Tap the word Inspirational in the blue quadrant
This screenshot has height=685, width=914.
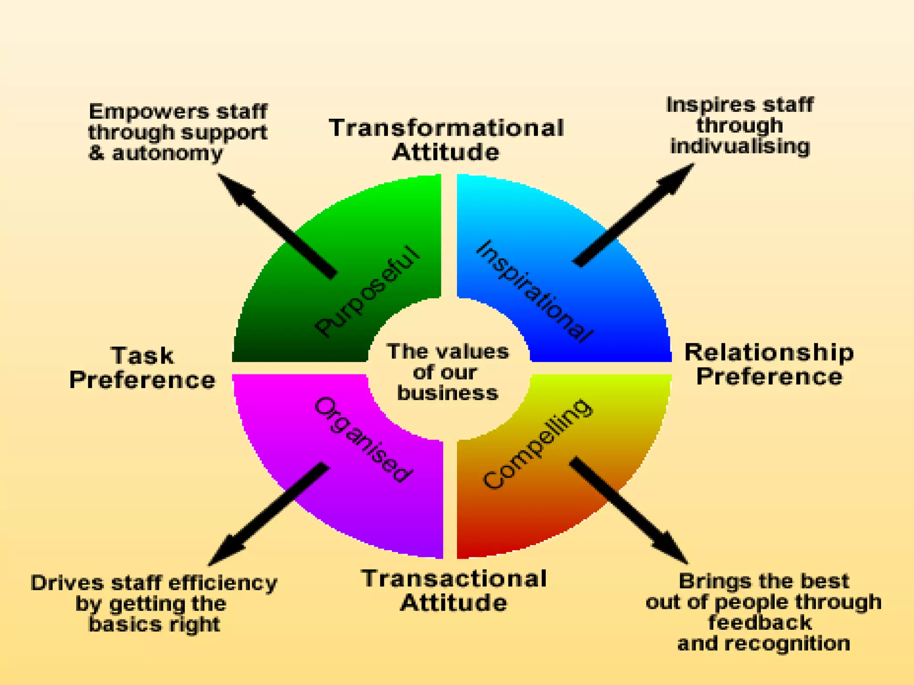click(x=535, y=291)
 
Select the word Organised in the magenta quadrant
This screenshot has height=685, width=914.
click(x=362, y=439)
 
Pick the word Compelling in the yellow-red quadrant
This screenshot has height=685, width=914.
click(x=538, y=444)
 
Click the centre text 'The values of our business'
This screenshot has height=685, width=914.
click(x=447, y=372)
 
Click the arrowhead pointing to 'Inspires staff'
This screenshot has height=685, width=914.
click(x=676, y=178)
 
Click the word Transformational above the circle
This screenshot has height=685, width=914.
click(x=446, y=128)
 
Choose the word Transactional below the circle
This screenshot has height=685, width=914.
click(x=454, y=579)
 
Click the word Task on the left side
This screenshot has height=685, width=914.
click(x=142, y=356)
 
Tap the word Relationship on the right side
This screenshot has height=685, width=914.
click(x=769, y=352)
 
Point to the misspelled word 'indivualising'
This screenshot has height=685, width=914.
click(x=740, y=146)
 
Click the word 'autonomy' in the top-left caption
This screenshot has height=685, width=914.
click(x=167, y=153)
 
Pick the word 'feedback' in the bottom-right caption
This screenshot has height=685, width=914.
click(x=760, y=623)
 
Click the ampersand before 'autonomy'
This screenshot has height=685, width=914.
click(x=96, y=153)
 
